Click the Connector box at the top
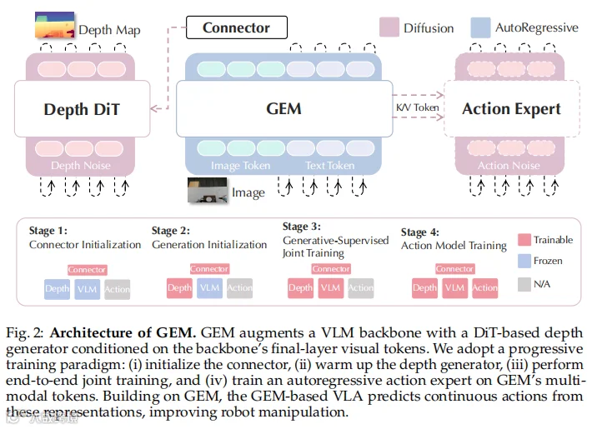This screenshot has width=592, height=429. coord(237,27)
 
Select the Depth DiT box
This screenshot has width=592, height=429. coord(83,108)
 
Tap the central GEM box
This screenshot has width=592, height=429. coord(284,108)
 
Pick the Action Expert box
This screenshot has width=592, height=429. coord(512,108)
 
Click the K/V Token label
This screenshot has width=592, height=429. coord(418,107)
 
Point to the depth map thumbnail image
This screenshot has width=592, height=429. coord(55,25)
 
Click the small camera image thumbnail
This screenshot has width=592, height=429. coord(208,191)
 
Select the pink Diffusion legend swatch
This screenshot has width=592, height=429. coord(389,27)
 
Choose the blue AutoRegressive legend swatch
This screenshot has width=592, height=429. coord(480,27)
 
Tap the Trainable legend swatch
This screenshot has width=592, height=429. coord(524,240)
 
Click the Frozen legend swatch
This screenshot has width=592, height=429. coord(524,261)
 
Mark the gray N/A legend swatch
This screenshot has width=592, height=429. coord(524,284)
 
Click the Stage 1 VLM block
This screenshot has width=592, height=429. coord(88,289)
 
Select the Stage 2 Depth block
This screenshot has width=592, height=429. coord(180,288)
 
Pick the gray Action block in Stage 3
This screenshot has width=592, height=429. coord(361,288)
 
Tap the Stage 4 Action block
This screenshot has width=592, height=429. coord(485,288)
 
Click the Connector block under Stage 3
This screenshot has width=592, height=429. coord(331,268)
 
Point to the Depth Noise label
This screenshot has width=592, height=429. coord(81,165)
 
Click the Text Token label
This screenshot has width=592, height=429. coord(330,166)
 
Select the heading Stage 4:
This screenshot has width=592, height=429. coord(420,232)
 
